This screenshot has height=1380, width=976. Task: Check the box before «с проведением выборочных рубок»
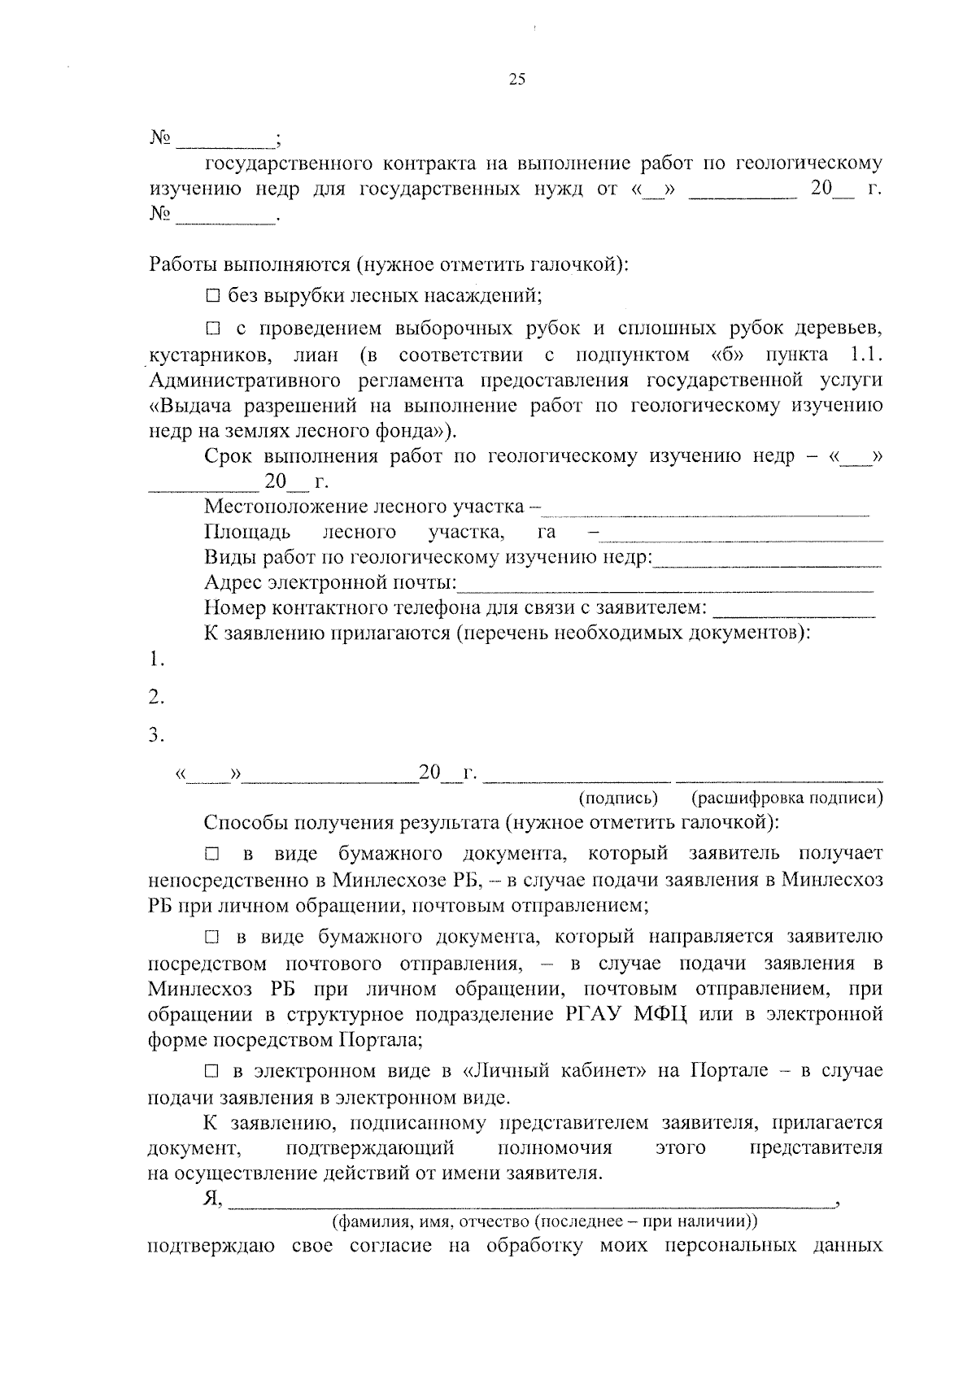click(x=212, y=329)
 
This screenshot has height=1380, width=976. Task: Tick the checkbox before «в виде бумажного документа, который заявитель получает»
click(x=212, y=855)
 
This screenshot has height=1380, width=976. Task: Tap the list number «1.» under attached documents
click(x=157, y=660)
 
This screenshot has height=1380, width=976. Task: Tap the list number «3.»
click(x=157, y=736)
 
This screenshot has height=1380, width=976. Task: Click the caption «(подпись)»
click(x=618, y=799)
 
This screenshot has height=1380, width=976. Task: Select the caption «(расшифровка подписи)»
click(x=786, y=799)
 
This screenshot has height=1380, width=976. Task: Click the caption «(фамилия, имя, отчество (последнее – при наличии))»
click(x=544, y=1221)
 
